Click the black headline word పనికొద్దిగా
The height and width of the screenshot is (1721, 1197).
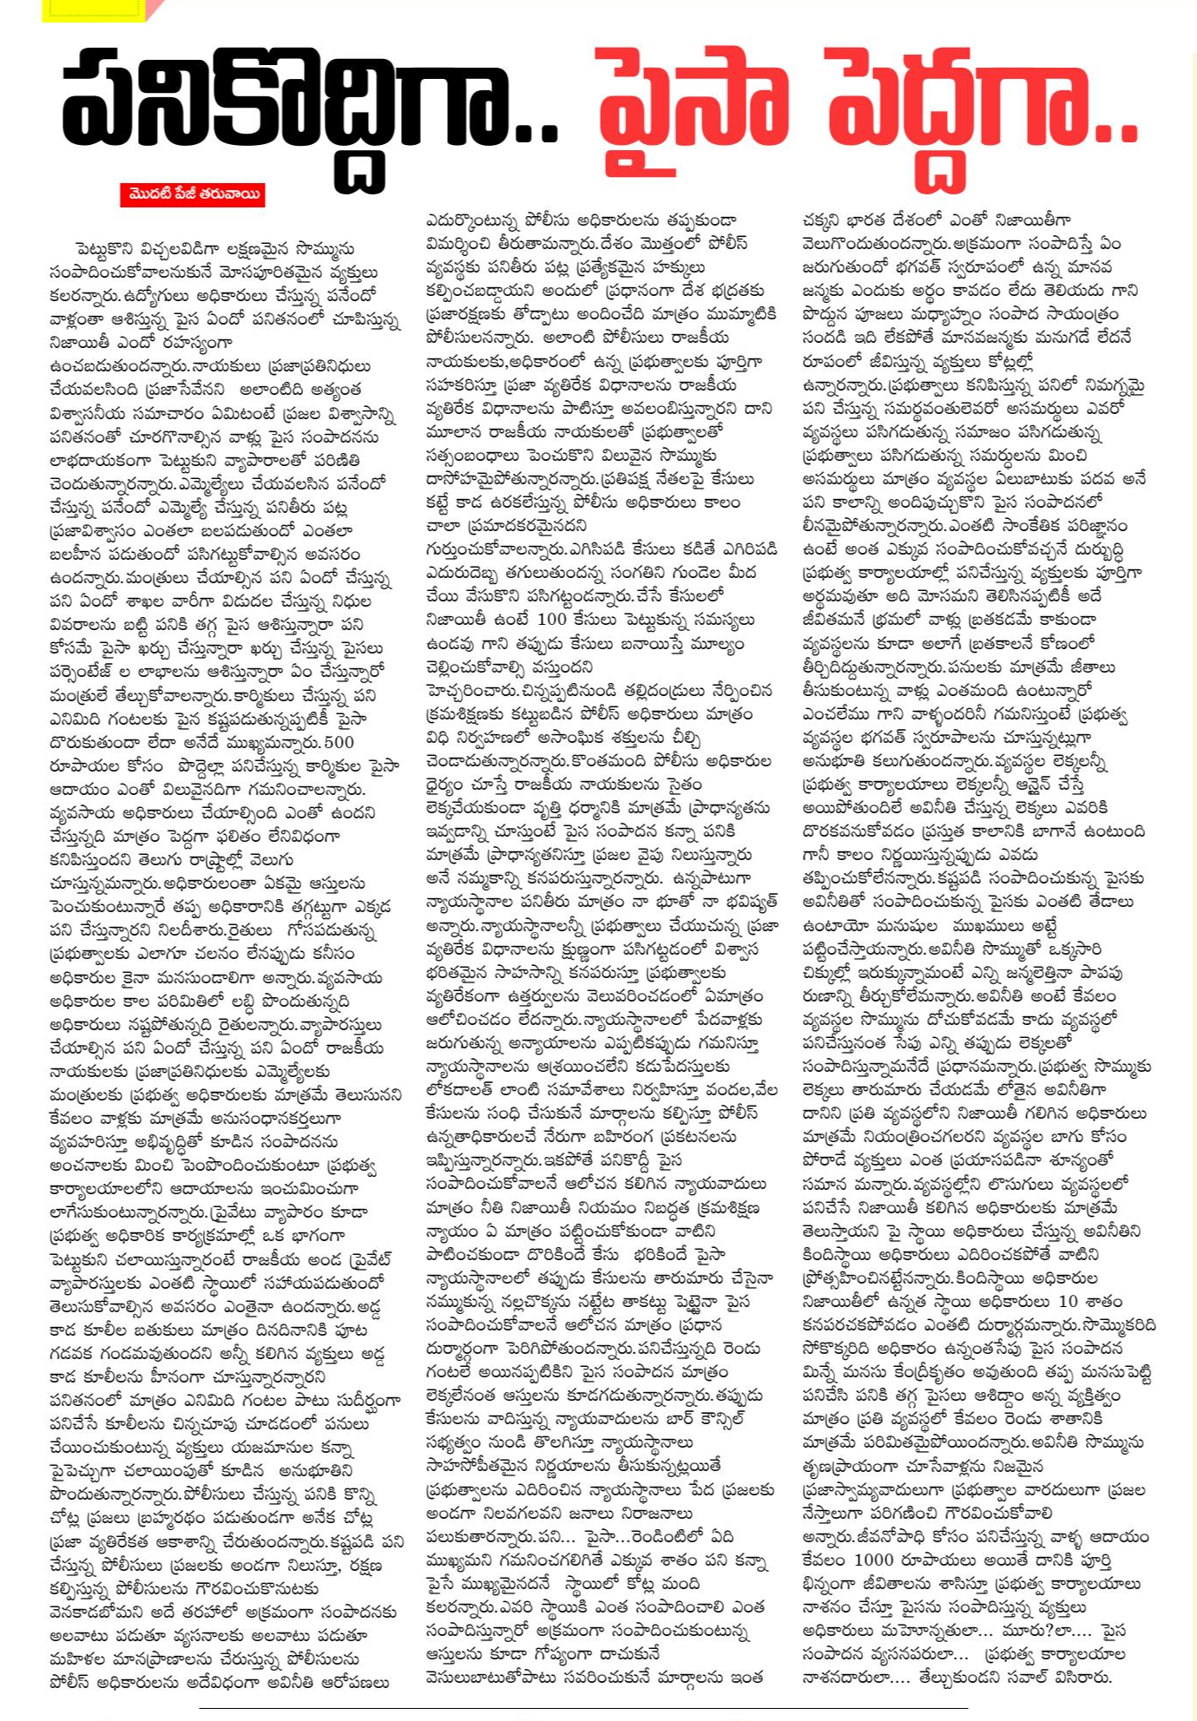point(308,104)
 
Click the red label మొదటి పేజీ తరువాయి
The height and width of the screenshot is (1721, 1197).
point(193,195)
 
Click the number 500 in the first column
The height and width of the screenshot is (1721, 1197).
point(339,743)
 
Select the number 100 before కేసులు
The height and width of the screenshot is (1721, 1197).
point(552,620)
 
